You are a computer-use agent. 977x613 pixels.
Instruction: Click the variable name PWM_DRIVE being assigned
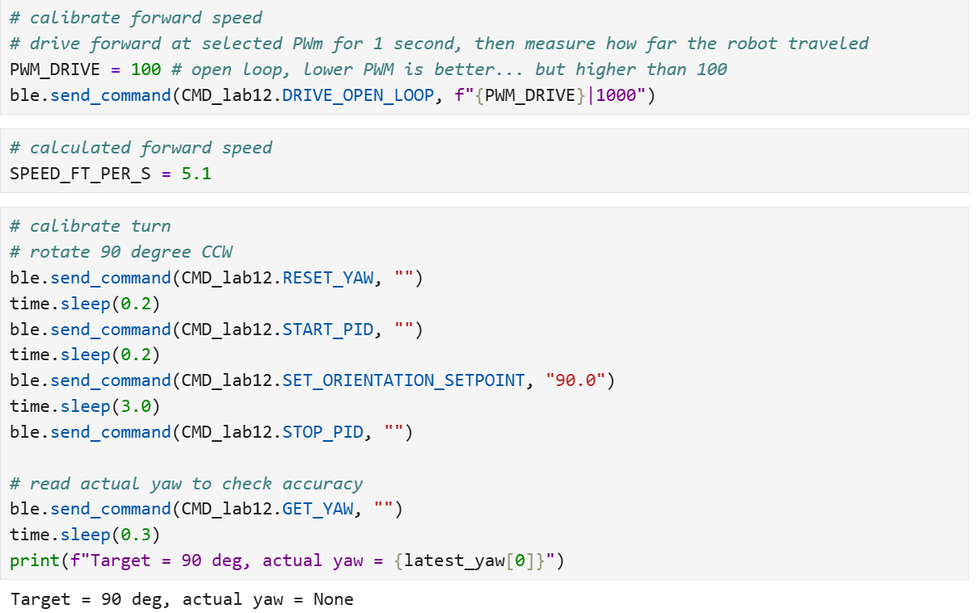pos(55,69)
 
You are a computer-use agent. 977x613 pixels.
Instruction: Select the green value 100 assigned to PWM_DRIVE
pos(146,69)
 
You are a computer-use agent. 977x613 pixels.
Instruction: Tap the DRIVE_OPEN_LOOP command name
pos(358,95)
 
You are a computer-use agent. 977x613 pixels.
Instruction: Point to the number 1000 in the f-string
pos(616,95)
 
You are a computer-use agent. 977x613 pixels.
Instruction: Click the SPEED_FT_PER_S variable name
pos(80,174)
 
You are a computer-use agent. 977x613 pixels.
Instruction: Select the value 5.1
pos(196,174)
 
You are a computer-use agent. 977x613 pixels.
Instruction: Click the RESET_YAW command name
pos(327,278)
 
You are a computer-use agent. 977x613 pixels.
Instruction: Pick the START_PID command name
pos(327,330)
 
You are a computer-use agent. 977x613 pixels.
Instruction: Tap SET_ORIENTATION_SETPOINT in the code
pos(403,380)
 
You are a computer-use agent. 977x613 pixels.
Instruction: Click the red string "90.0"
pos(575,380)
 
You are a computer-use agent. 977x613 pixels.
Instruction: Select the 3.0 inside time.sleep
pos(136,406)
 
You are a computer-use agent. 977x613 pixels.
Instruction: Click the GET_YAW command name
pos(318,510)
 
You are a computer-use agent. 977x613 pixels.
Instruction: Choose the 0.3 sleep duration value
pos(136,535)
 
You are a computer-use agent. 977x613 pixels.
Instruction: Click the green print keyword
pos(35,561)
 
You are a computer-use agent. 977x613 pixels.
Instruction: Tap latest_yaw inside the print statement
pos(454,561)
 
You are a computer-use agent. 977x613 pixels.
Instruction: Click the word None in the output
pos(333,599)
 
